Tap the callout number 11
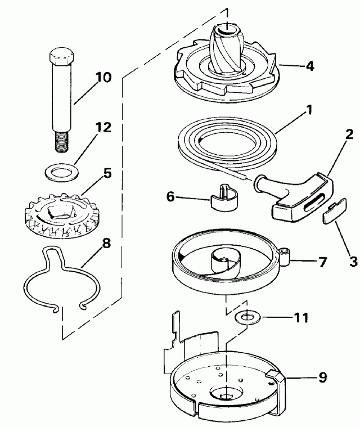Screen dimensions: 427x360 pos(301,318)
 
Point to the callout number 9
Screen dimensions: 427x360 pos(323,377)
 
